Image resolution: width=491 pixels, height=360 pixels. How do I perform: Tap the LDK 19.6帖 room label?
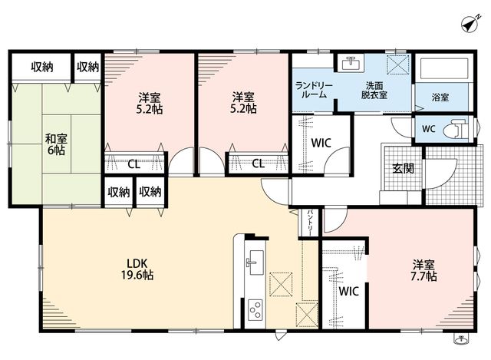pos(137,269)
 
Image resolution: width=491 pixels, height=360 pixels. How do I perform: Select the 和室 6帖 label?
pos(56,144)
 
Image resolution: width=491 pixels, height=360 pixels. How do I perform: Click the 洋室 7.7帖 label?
pos(423,271)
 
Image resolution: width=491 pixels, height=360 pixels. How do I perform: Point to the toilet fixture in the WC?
pos(456,128)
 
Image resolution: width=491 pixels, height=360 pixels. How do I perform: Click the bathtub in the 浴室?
pos(444,68)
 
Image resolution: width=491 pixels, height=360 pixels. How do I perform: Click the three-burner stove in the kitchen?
pos(255,310)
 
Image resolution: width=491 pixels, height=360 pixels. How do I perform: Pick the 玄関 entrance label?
pos(404,169)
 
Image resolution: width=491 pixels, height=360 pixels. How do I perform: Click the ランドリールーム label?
pos(314,90)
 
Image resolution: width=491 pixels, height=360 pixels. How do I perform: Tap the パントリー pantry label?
pos(309,223)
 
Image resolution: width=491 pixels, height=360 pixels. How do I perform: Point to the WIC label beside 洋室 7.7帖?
pos(348,292)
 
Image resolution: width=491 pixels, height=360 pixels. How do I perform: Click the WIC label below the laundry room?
pos(321,144)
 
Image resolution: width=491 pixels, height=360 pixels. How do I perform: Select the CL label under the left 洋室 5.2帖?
pos(134,164)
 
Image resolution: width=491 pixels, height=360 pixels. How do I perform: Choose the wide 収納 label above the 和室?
pos(42,67)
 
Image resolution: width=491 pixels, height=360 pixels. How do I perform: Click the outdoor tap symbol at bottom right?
pos(460,339)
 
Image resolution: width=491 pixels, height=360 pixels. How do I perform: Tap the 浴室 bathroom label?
pos(440,97)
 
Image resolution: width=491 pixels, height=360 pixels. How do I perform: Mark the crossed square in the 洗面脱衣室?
pos(398,64)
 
